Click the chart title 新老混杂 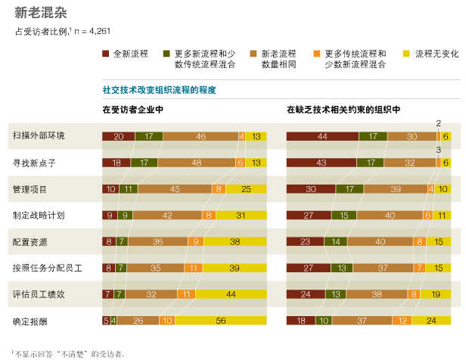pos(40,13)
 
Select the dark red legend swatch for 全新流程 pos(106,54)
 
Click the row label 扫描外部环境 pos(39,136)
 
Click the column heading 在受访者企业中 pos(132,110)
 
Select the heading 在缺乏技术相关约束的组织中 pos(343,110)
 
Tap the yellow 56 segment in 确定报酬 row pos(221,320)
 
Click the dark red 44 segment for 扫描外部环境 pos(322,136)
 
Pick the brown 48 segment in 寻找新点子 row pos(196,163)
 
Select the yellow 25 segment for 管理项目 pos(246,189)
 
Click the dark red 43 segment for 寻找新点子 pos(322,163)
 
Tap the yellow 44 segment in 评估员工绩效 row pos(231,294)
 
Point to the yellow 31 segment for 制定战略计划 pos(241,215)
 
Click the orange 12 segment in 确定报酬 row pos(402,320)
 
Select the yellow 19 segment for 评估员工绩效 pos(436,294)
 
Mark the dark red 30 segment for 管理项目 pos(311,189)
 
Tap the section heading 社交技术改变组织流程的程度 pos(159,90)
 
